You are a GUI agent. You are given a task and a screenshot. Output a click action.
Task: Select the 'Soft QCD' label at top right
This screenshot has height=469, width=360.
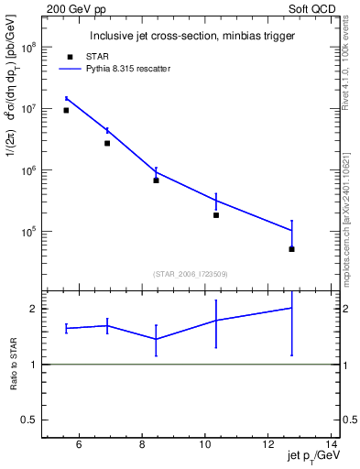(x=316, y=8)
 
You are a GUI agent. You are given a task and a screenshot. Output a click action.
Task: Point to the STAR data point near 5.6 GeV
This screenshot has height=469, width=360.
(x=66, y=111)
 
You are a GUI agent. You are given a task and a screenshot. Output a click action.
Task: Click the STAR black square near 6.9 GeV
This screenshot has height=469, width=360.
(x=107, y=143)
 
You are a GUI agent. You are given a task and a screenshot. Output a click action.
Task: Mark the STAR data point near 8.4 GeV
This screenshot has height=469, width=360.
(x=156, y=180)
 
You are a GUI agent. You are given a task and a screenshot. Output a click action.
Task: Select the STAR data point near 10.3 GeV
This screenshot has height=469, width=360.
(x=216, y=215)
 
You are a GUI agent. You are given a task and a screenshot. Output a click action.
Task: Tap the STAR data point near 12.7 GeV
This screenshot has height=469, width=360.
(x=291, y=249)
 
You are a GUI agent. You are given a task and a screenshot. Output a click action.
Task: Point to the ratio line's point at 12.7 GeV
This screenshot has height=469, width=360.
(x=291, y=308)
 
